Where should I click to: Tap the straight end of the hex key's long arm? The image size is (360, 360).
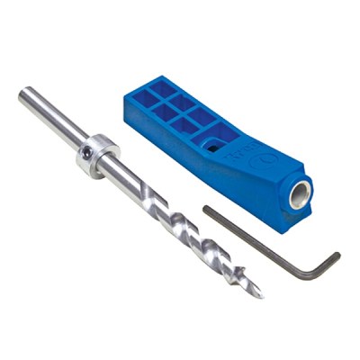pos(206,210)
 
